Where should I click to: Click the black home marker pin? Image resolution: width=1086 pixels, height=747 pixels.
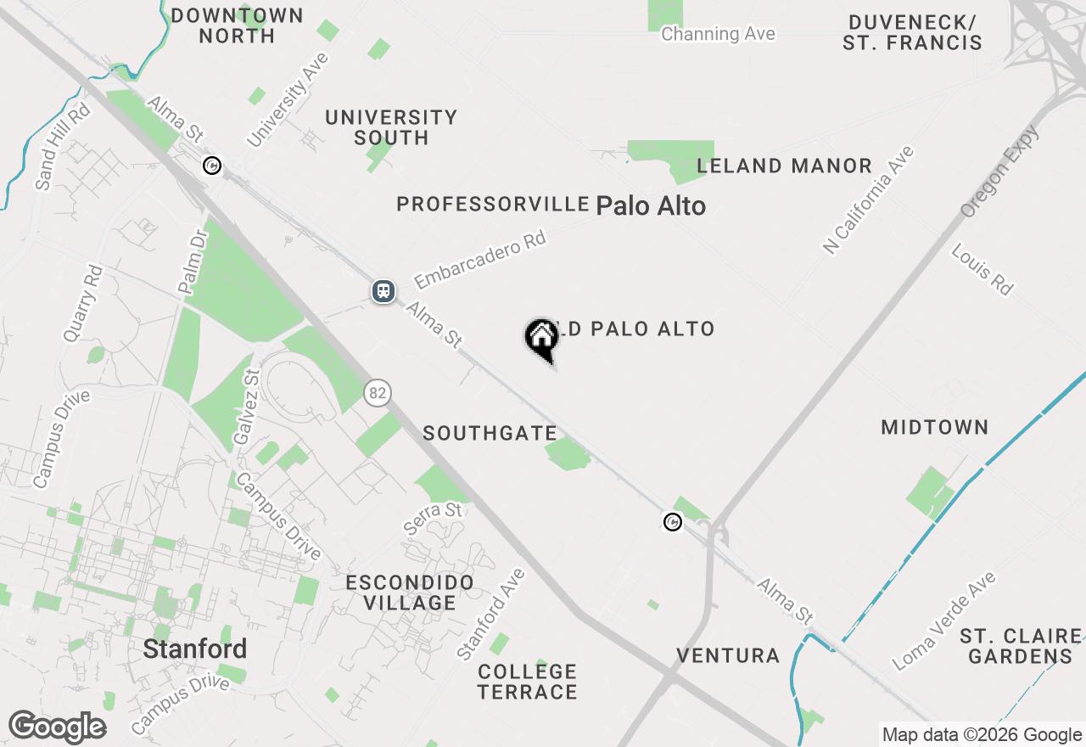click(x=541, y=338)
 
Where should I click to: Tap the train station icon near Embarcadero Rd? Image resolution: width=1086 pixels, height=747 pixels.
click(x=383, y=291)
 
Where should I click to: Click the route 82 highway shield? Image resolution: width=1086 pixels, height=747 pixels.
click(x=378, y=392)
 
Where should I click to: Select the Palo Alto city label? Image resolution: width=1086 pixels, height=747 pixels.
click(x=651, y=205)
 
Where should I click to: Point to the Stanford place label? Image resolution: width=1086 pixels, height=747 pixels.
click(x=195, y=649)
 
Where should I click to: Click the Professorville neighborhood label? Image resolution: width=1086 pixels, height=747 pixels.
click(x=493, y=204)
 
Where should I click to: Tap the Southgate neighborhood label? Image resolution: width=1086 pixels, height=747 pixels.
click(x=490, y=433)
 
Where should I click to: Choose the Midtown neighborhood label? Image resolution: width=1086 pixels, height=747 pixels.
click(x=935, y=427)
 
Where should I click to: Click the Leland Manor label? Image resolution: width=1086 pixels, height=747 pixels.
click(x=784, y=166)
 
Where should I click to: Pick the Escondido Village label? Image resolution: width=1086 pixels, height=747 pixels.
click(x=410, y=593)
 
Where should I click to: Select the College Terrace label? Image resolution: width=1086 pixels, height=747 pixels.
click(x=527, y=682)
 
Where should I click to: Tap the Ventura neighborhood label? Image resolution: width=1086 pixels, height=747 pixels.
click(x=728, y=655)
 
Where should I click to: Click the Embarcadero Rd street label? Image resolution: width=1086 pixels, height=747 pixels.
click(x=479, y=259)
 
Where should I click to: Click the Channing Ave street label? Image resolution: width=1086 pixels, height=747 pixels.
click(x=718, y=34)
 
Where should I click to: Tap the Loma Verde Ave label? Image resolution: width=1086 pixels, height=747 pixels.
click(x=945, y=621)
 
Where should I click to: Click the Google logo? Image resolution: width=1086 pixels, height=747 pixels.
click(x=57, y=727)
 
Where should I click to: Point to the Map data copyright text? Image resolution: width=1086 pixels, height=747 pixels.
click(x=982, y=735)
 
